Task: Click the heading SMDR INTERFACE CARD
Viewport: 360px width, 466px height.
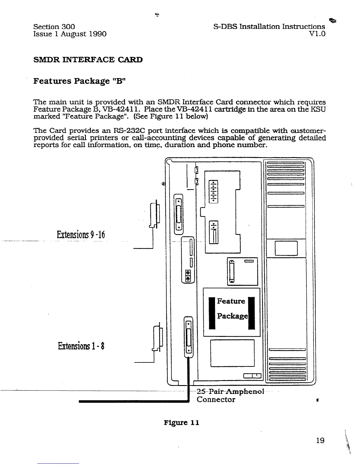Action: tap(88, 60)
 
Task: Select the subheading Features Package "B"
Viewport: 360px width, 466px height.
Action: tap(79, 81)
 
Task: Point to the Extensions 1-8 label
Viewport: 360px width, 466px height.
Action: tap(81, 346)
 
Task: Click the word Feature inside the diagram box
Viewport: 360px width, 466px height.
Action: tap(231, 301)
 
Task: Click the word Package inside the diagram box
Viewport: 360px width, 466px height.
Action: tap(232, 316)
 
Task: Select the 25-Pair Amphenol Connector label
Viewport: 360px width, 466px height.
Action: tap(226, 395)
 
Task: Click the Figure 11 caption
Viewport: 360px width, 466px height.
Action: tap(181, 423)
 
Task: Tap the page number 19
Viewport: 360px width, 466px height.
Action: tap(320, 440)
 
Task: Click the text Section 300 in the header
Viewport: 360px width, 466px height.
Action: tap(54, 27)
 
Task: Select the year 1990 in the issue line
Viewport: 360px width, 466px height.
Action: tap(97, 34)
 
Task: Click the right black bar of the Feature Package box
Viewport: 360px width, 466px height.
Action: tap(251, 313)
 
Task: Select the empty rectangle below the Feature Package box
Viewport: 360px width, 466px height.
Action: tap(232, 353)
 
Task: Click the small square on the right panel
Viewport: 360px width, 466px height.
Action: tap(286, 248)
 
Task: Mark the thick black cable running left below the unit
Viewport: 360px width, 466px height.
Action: tap(132, 401)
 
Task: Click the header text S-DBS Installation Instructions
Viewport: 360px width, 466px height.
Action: tap(269, 27)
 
